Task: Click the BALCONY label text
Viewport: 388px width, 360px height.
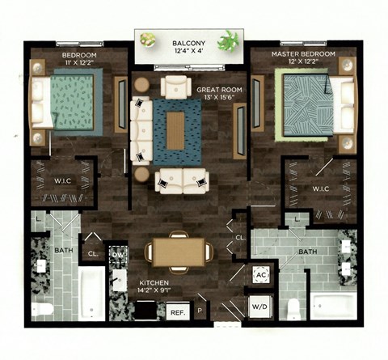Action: coord(188,42)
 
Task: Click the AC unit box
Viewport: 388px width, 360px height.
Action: coord(260,276)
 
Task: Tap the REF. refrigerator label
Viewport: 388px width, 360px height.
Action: coord(176,311)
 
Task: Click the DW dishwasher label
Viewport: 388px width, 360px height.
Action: coord(117,255)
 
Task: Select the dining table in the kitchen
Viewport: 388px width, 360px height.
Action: coord(180,248)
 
